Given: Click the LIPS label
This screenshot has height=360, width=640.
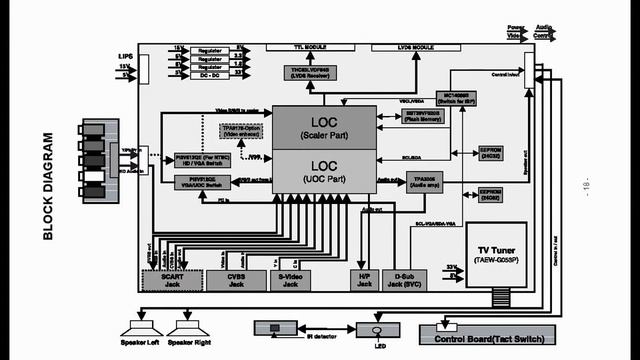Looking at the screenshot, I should pos(125,57).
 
